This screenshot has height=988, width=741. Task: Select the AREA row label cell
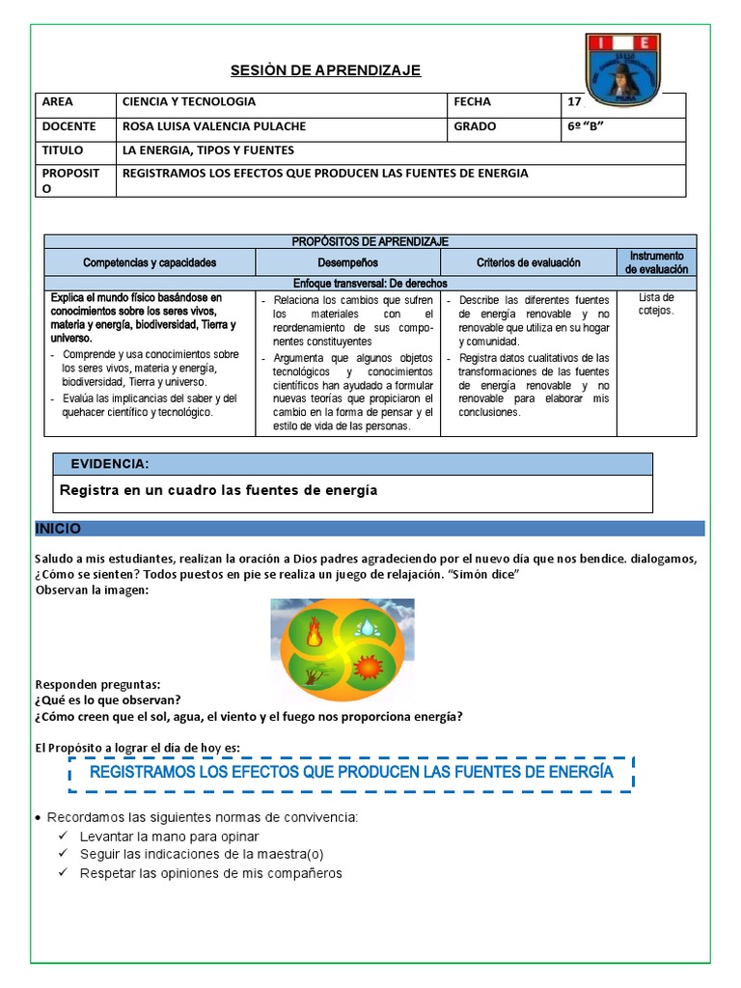coord(74,102)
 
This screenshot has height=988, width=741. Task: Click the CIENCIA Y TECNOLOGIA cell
coord(188,102)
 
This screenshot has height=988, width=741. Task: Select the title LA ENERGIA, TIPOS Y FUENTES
coord(207,151)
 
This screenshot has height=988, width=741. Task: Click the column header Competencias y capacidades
coord(150,262)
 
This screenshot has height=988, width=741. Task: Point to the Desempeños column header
coord(347,262)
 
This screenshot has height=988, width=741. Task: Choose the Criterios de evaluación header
coord(528,262)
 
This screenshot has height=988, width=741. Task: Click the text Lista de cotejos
coord(656,304)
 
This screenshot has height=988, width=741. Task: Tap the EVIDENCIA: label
coord(109,464)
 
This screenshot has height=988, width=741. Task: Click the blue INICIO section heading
coord(59,529)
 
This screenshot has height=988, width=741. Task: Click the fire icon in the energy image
coord(314,634)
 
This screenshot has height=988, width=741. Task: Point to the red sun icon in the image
coord(368,668)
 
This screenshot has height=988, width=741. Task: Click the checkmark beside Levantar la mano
coord(63,837)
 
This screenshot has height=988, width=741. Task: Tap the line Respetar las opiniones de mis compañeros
coord(210,874)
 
